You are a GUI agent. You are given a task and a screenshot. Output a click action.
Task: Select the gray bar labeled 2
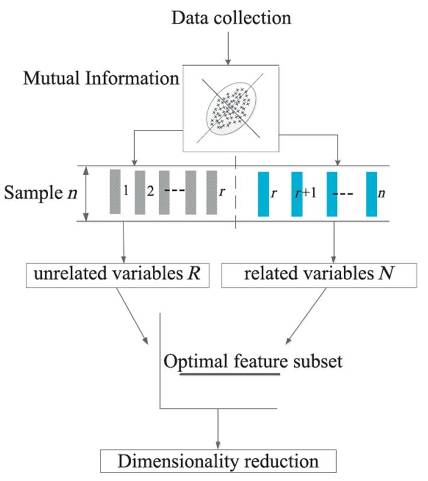(x=140, y=193)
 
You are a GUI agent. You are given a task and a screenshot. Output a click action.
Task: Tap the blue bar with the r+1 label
(x=297, y=193)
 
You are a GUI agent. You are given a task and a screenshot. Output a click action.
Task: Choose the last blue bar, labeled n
(x=371, y=193)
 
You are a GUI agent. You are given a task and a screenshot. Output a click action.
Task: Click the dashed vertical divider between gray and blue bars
(x=235, y=194)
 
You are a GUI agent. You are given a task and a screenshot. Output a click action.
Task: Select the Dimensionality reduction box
(x=219, y=462)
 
